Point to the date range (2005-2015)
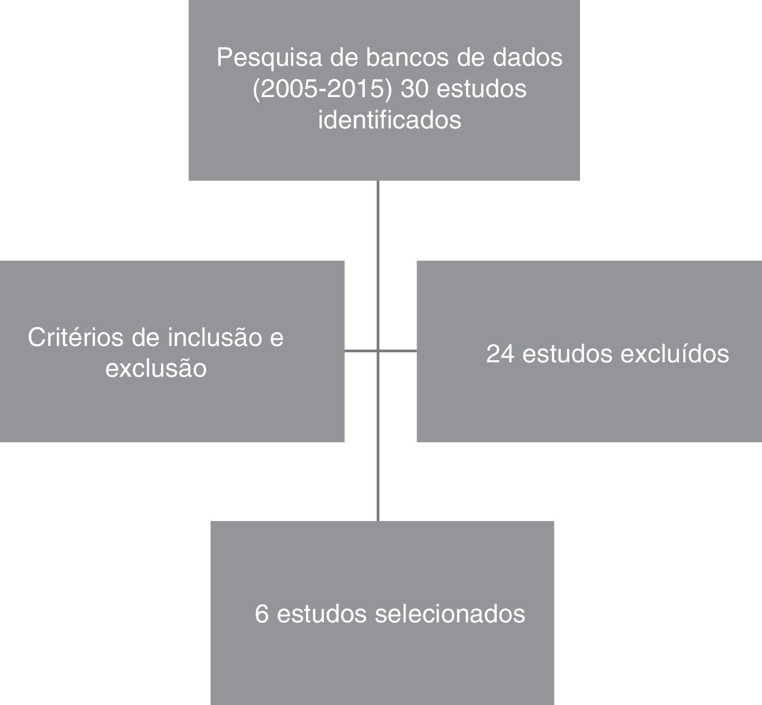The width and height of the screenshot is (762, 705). [322, 89]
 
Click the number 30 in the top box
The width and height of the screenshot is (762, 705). [415, 89]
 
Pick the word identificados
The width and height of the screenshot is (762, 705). [390, 120]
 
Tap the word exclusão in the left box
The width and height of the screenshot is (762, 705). [156, 368]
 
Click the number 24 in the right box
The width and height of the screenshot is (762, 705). [500, 353]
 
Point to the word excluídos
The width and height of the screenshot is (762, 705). [674, 353]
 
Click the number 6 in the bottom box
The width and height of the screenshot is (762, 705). [262, 613]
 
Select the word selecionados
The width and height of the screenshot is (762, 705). [450, 613]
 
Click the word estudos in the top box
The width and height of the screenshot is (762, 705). [482, 89]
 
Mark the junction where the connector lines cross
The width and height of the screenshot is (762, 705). [378, 351]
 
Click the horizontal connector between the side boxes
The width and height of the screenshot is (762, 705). [398, 351]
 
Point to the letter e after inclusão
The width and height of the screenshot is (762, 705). [277, 337]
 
